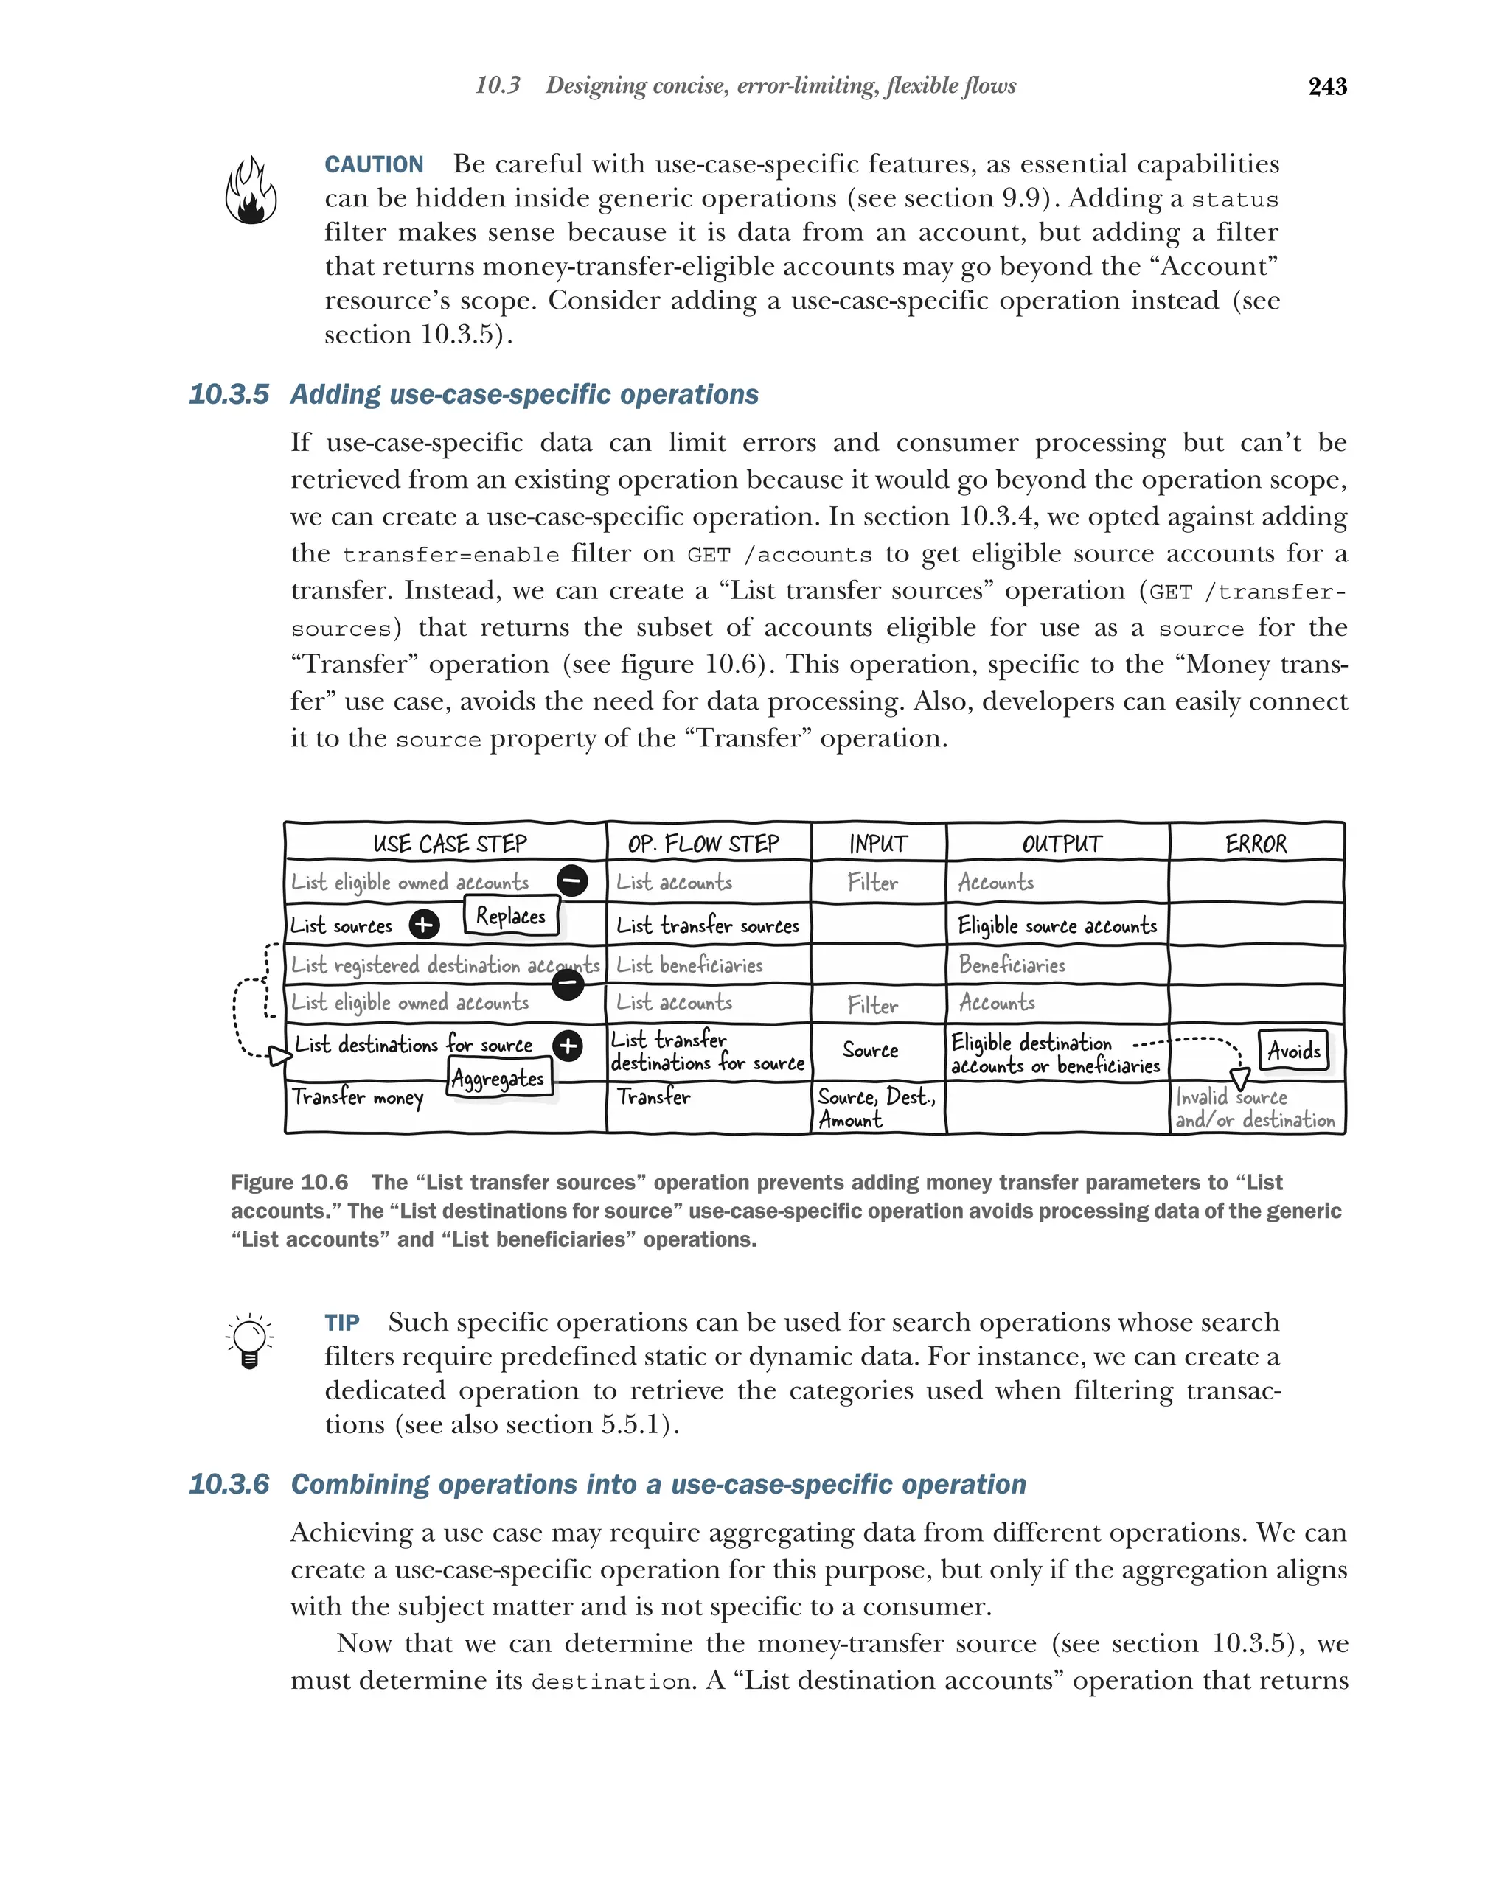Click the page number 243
(1326, 86)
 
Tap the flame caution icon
(251, 191)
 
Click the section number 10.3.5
(229, 394)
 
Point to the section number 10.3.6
(229, 1484)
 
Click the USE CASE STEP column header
(449, 843)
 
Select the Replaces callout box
(510, 916)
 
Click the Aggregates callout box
(498, 1078)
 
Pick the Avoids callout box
(1293, 1050)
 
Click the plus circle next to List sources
(424, 924)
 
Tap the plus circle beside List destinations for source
(568, 1045)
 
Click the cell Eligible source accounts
(1057, 925)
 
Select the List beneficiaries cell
(689, 965)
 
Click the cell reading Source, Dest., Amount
(876, 1108)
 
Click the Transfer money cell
(358, 1097)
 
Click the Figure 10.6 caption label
(289, 1182)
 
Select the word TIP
(341, 1322)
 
